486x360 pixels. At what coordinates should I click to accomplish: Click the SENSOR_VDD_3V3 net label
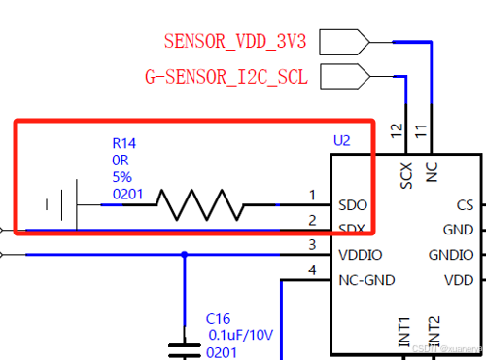point(236,41)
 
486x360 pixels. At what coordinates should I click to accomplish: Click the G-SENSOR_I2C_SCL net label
point(226,75)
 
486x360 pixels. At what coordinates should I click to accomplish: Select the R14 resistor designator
point(124,143)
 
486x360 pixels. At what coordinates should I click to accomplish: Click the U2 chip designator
point(341,141)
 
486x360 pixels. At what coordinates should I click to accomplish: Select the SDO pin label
point(351,205)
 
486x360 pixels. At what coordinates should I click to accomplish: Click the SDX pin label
point(351,230)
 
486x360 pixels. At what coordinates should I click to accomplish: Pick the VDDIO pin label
point(360,254)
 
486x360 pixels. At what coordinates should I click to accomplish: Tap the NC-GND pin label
point(366,280)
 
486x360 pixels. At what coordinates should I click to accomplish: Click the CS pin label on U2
point(465,205)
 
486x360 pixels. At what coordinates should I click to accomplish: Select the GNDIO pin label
point(451,255)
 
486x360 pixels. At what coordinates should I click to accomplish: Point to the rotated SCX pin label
point(407,173)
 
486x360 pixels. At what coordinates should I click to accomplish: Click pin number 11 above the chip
point(420,129)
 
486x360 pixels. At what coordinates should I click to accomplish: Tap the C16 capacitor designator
point(218,318)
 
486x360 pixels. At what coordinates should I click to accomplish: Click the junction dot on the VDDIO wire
point(184,255)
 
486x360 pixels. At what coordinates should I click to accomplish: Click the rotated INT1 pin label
point(404,331)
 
